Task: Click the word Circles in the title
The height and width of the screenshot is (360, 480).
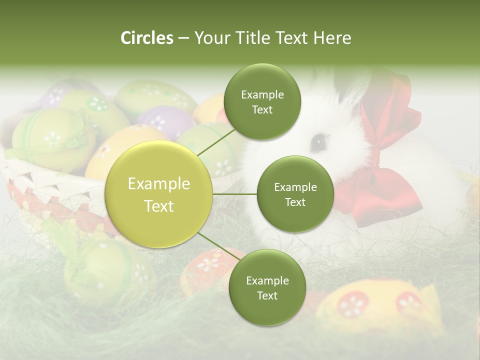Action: [147, 38]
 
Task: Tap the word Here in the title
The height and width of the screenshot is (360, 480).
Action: [332, 38]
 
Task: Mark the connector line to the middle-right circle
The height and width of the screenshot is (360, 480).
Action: [235, 193]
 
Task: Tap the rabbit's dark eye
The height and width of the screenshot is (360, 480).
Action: [317, 143]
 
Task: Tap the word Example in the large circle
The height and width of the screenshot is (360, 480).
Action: [159, 184]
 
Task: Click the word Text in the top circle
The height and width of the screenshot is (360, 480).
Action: [262, 109]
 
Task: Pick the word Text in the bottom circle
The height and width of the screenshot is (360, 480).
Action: [267, 295]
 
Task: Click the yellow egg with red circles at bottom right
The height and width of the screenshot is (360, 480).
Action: [380, 305]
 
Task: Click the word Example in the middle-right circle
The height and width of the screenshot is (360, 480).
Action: [295, 187]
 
